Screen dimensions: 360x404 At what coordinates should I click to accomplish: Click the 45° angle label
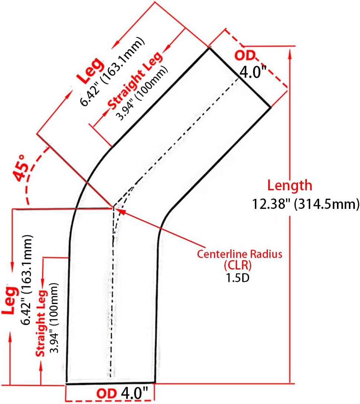pyautogui.click(x=20, y=168)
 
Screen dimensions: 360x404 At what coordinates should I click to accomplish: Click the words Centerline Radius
pyautogui.click(x=240, y=254)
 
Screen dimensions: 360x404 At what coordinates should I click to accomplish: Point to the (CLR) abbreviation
pyautogui.click(x=238, y=265)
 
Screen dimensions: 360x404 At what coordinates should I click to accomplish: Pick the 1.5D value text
pyautogui.click(x=238, y=278)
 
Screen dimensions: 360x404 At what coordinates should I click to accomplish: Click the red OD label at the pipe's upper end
pyautogui.click(x=245, y=55)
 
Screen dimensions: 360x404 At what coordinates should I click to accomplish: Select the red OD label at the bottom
pyautogui.click(x=107, y=394)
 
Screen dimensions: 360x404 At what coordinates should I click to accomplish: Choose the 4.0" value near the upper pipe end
pyautogui.click(x=253, y=72)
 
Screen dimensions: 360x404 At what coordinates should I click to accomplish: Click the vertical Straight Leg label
pyautogui.click(x=41, y=323)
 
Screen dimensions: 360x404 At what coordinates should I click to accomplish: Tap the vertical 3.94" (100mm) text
pyautogui.click(x=54, y=318)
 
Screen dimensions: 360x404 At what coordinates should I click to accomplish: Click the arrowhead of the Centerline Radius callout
pyautogui.click(x=121, y=212)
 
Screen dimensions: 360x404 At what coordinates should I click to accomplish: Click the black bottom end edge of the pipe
pyautogui.click(x=110, y=383)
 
